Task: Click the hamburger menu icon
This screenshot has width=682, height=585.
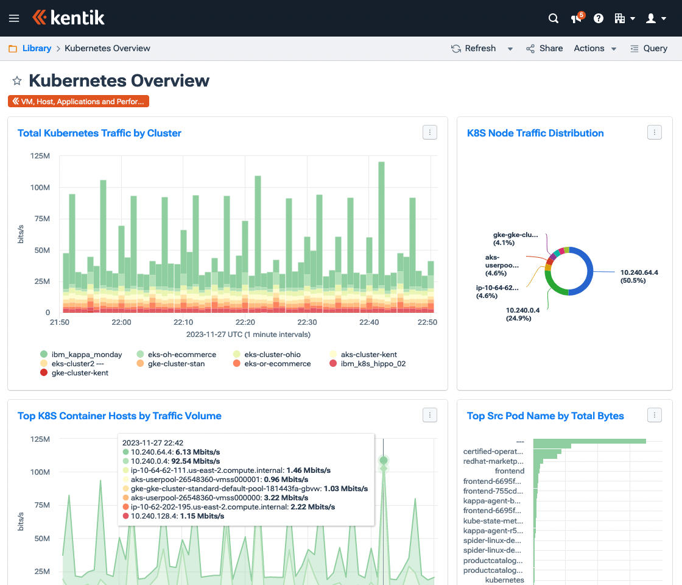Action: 14,18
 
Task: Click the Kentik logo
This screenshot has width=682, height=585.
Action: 68,18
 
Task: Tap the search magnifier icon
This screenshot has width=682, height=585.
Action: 554,18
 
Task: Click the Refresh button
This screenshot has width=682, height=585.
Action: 474,48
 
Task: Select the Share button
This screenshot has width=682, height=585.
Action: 544,48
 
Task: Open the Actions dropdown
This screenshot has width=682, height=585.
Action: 595,48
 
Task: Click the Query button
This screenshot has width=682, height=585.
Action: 649,48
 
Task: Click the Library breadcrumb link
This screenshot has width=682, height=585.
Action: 37,48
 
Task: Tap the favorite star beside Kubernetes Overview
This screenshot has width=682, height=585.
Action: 17,80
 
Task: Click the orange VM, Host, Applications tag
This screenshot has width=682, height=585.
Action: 79,102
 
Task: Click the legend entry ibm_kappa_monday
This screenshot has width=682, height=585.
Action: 86,355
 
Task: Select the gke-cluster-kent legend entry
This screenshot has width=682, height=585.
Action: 80,373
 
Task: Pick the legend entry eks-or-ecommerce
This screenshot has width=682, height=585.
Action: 277,364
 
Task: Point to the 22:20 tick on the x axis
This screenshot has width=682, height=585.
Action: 245,322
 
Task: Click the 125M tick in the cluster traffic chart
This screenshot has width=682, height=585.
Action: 40,156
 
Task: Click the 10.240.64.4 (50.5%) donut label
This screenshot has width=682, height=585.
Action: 639,276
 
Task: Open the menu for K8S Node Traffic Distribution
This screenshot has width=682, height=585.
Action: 655,132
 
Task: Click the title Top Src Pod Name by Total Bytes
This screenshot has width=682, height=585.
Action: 545,416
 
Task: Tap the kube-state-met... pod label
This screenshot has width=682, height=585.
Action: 493,521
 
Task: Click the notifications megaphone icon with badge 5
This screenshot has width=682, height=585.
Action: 576,18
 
